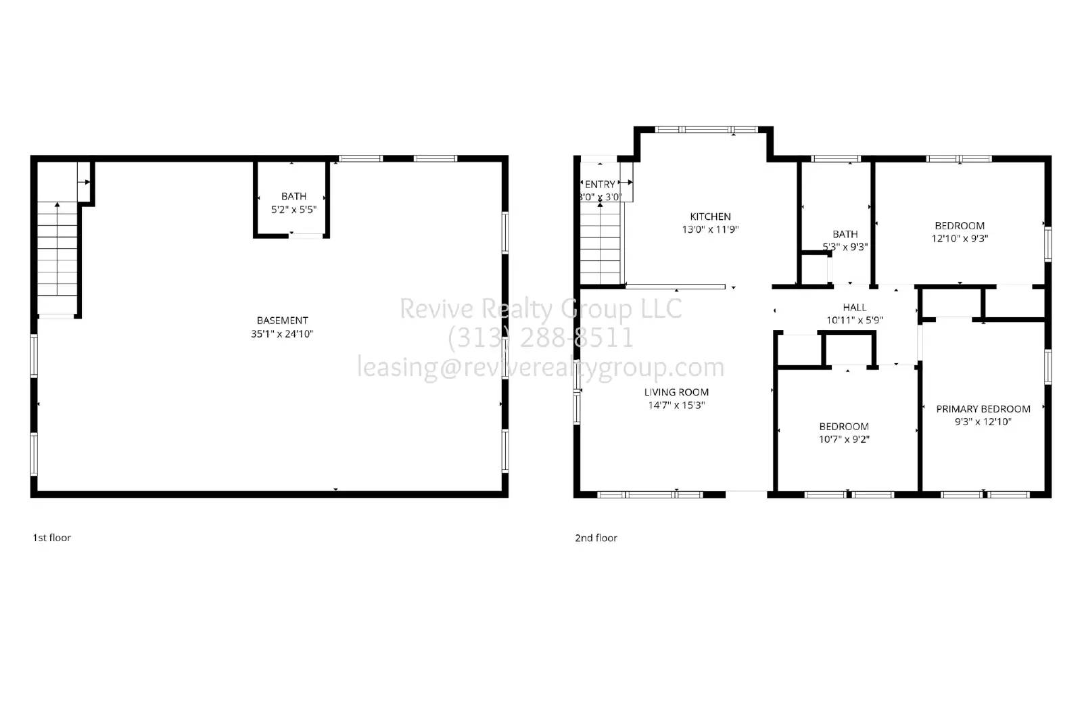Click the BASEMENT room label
[282, 321]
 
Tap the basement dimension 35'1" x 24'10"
[282, 333]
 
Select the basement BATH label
[293, 196]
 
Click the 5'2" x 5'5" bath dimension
[293, 210]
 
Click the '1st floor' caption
[51, 538]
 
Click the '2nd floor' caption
[596, 538]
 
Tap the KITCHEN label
[710, 216]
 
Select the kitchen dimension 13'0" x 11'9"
[710, 229]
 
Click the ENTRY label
[600, 184]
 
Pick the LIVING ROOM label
[676, 392]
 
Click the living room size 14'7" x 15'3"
[676, 405]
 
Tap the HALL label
[855, 307]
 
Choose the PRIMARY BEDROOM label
[983, 409]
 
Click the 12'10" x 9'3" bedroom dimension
[960, 238]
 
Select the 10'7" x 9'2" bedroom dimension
[844, 439]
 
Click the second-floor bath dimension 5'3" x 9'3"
[845, 247]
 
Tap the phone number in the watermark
[541, 338]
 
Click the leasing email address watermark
[541, 367]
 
